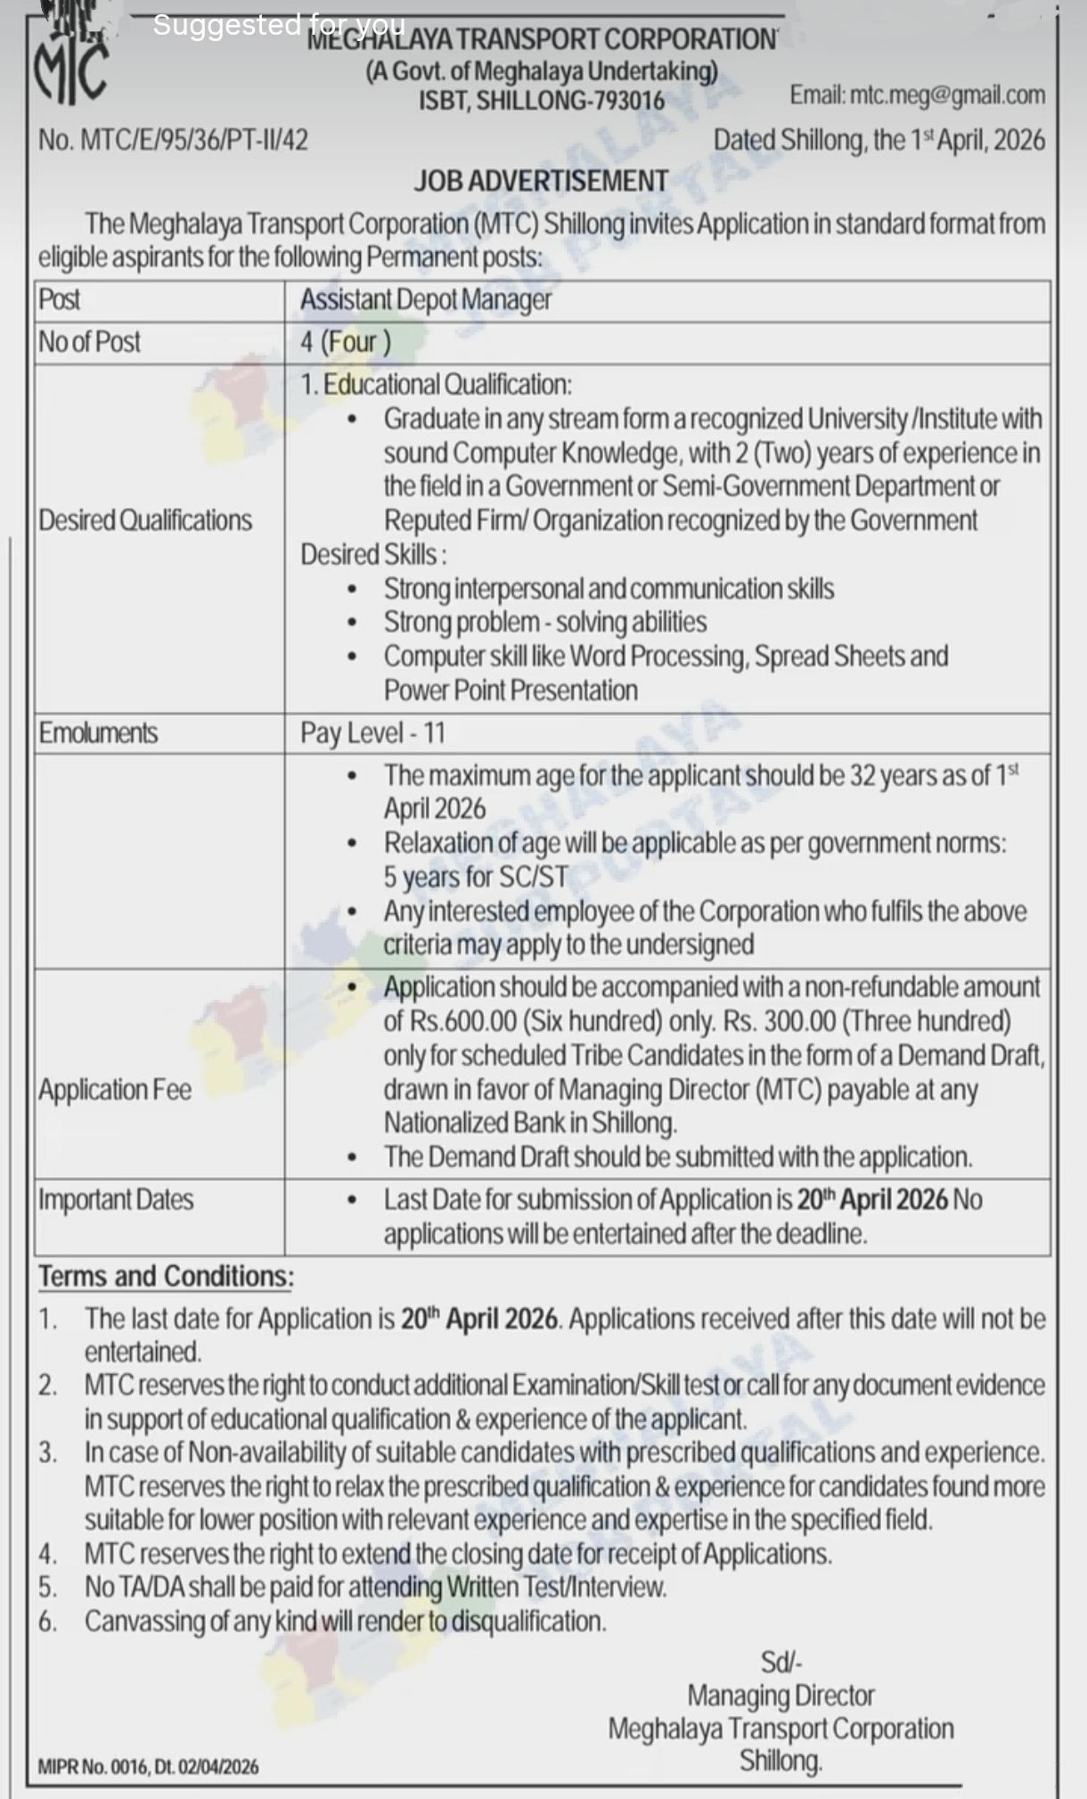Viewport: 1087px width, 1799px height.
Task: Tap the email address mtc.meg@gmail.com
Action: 917,95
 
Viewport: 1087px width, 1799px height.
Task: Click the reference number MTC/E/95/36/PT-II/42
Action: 173,140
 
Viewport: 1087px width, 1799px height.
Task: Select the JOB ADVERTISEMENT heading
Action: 541,181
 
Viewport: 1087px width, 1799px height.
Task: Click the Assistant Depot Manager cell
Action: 426,300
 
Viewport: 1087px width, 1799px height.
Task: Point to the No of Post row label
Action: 90,342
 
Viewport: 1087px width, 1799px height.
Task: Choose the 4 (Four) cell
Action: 345,342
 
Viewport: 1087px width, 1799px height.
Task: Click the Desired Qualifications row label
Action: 145,520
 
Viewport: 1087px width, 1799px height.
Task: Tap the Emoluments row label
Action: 98,733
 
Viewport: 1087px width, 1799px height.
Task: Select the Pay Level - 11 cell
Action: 372,733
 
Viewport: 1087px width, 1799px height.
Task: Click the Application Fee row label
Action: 115,1090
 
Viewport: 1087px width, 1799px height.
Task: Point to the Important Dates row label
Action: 116,1200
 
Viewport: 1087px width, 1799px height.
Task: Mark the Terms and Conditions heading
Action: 166,1276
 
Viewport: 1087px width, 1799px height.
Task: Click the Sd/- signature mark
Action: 781,1662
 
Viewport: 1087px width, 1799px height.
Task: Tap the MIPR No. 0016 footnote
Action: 148,1767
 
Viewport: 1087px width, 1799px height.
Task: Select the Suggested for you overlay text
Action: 279,25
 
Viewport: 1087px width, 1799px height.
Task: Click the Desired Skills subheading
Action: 373,554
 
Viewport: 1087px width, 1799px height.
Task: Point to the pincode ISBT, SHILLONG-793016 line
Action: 542,101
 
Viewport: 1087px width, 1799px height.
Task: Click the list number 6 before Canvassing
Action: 47,1622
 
